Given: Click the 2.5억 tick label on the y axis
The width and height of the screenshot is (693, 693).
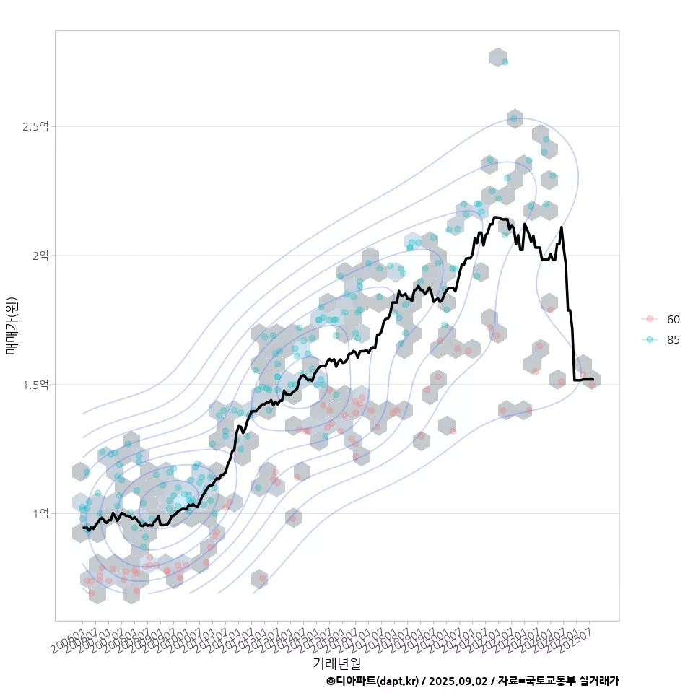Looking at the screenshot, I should coord(35,127).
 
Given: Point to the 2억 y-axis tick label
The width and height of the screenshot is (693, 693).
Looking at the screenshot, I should coord(40,256).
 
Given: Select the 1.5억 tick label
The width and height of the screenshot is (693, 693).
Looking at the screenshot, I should coord(35,385).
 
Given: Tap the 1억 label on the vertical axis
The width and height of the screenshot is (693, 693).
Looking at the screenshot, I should coord(40,513).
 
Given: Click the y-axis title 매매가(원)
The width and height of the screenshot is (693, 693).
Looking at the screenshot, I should coord(12,325).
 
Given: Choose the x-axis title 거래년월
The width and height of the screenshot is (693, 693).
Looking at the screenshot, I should coord(336,662).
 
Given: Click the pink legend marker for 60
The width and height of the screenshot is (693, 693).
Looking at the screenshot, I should coord(650,319).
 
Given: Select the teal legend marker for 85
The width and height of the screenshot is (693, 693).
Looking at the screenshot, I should coord(650,340).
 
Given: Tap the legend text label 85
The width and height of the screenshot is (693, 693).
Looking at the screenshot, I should coord(673,340).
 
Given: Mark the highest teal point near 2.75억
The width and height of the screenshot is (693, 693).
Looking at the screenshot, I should coord(505,62).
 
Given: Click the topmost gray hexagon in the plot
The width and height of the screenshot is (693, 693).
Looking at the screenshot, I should coord(497,58).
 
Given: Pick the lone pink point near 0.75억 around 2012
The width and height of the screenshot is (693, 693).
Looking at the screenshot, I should coord(263,578).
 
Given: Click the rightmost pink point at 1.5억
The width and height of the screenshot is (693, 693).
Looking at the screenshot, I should coord(592,385).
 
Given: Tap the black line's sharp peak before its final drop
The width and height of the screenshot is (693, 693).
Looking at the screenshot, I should coord(561,228).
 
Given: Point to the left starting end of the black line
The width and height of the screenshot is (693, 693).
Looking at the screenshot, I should coord(84,528).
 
